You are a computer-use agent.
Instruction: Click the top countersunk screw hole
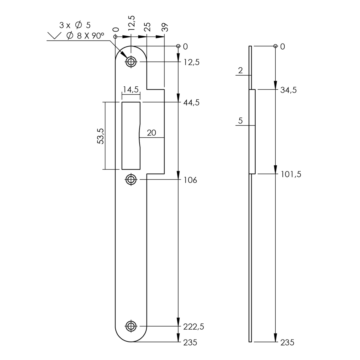pos(131,62)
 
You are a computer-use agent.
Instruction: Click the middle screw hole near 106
pos(131,179)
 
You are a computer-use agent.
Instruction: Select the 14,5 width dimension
pos(131,90)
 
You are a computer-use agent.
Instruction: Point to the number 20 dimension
pos(151,133)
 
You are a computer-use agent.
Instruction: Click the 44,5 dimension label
pos(191,103)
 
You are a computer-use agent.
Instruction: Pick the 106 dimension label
pos(190,180)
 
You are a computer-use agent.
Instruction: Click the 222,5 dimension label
pos(193,327)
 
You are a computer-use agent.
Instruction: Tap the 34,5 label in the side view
pos(288,90)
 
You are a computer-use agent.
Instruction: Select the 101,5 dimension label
pos(291,174)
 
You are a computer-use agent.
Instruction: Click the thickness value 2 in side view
pos(240,70)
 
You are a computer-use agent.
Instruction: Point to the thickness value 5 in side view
pos(240,121)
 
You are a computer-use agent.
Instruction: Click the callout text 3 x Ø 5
pos(75,25)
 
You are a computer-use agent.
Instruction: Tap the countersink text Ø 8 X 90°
pos(85,36)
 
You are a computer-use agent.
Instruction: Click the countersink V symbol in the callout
pos(54,36)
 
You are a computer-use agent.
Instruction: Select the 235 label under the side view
pos(287,343)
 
